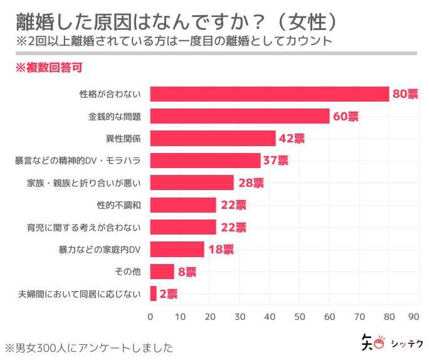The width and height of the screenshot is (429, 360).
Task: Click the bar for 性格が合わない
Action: pyautogui.click(x=270, y=94)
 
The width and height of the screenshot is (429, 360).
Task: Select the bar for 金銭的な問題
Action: pyautogui.click(x=240, y=116)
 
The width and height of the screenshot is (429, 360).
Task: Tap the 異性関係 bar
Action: pyautogui.click(x=213, y=138)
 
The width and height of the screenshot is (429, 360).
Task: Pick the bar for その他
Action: pyautogui.click(x=162, y=272)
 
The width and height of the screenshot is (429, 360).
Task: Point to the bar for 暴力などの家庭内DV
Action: pyautogui.click(x=177, y=249)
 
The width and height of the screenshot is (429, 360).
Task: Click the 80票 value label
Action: pyautogui.click(x=405, y=94)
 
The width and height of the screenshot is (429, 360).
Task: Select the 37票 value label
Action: pyautogui.click(x=275, y=161)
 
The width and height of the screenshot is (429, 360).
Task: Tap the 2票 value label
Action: pyautogui.click(x=168, y=294)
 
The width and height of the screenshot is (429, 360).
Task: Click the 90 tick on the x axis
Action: pyautogui.click(x=414, y=317)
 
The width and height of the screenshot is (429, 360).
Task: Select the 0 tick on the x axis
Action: pyautogui.click(x=151, y=317)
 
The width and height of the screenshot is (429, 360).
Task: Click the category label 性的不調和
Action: pyautogui.click(x=119, y=205)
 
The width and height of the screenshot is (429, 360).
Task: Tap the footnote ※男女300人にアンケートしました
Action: pyautogui.click(x=88, y=347)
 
